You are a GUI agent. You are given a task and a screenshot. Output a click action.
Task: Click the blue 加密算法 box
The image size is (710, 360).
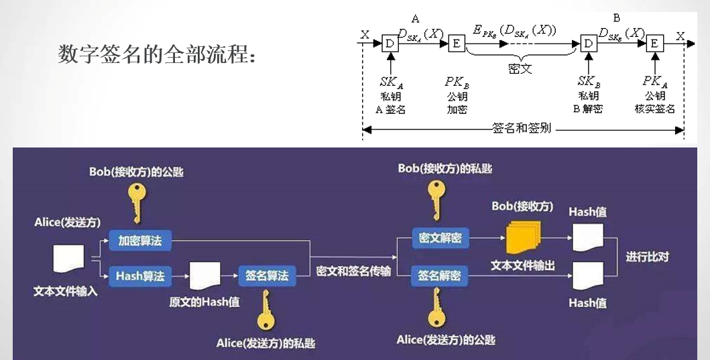pos(140,240)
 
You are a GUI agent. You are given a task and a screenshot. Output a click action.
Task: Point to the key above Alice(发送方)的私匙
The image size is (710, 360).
pos(266,310)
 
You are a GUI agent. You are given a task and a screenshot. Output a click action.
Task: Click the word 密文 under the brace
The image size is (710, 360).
pos(519,68)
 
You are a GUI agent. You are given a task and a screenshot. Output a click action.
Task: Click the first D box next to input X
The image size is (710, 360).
pos(389,44)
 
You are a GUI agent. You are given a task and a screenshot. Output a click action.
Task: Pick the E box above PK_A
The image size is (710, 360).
pos(654,44)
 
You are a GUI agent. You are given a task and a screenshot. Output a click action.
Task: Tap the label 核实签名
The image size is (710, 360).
pos(655,109)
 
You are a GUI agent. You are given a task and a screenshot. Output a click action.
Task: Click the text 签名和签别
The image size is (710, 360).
pos(521,129)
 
